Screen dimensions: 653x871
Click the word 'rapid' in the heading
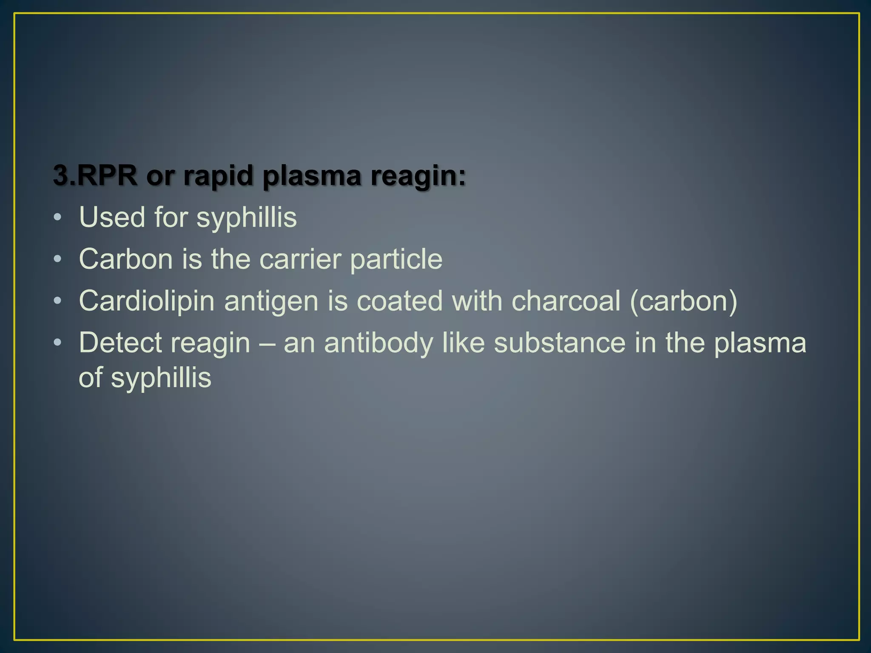pyautogui.click(x=218, y=176)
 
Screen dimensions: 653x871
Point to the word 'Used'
pyautogui.click(x=112, y=217)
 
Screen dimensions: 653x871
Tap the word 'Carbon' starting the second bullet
pyautogui.click(x=126, y=259)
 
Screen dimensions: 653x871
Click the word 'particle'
pyautogui.click(x=396, y=260)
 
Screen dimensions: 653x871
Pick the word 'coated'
pyautogui.click(x=400, y=301)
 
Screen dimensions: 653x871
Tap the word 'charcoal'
pyautogui.click(x=566, y=301)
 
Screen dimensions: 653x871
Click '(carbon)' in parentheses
pyautogui.click(x=683, y=301)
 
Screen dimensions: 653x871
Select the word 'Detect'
pyautogui.click(x=122, y=343)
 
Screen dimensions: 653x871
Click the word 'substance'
pyautogui.click(x=560, y=343)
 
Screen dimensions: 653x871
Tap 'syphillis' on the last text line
pyautogui.click(x=161, y=378)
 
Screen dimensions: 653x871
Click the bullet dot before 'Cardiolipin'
pyautogui.click(x=58, y=301)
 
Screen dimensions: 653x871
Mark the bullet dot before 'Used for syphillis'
pyautogui.click(x=58, y=218)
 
